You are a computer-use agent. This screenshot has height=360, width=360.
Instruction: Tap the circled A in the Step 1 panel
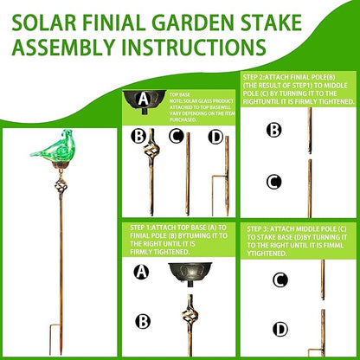[142, 270]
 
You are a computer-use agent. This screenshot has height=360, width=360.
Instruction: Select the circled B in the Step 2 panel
[273, 130]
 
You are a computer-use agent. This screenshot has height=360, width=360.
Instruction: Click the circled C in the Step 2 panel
[273, 182]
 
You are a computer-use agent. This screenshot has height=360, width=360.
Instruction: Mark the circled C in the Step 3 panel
[280, 280]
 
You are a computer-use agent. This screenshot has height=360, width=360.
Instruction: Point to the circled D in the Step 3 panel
[280, 329]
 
